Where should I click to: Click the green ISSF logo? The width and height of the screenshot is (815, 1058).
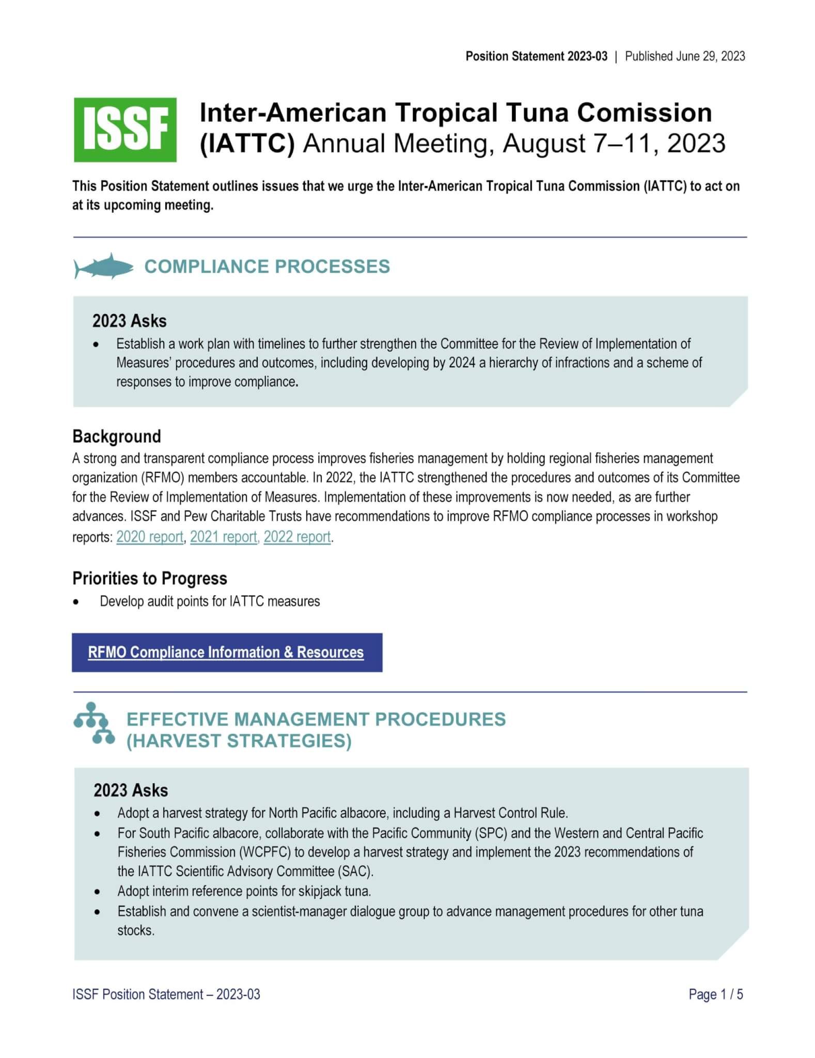pyautogui.click(x=125, y=130)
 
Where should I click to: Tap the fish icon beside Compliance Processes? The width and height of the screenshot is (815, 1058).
pyautogui.click(x=104, y=266)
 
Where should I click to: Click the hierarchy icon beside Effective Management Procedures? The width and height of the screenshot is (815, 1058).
pyautogui.click(x=94, y=723)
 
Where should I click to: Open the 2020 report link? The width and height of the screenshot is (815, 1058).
pyautogui.click(x=150, y=537)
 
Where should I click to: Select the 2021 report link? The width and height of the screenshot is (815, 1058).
pyautogui.click(x=224, y=537)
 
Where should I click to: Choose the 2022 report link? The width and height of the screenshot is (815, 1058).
pyautogui.click(x=297, y=537)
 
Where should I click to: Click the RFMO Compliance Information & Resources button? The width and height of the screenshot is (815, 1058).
pyautogui.click(x=227, y=652)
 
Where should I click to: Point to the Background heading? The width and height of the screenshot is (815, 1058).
pyautogui.click(x=117, y=437)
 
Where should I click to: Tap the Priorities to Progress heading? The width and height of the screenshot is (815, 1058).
pyautogui.click(x=150, y=579)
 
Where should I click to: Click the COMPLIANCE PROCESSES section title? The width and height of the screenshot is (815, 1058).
pyautogui.click(x=267, y=267)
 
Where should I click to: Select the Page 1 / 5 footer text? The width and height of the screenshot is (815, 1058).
pyautogui.click(x=715, y=994)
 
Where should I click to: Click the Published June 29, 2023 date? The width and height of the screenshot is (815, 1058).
pyautogui.click(x=685, y=56)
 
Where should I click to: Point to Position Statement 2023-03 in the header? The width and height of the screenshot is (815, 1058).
pyautogui.click(x=536, y=56)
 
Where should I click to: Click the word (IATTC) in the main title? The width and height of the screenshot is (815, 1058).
pyautogui.click(x=247, y=144)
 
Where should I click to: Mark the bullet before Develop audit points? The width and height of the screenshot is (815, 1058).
pyautogui.click(x=76, y=602)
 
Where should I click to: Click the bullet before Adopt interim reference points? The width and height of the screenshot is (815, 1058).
pyautogui.click(x=98, y=892)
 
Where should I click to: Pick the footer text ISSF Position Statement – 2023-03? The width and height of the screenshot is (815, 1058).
pyautogui.click(x=166, y=994)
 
